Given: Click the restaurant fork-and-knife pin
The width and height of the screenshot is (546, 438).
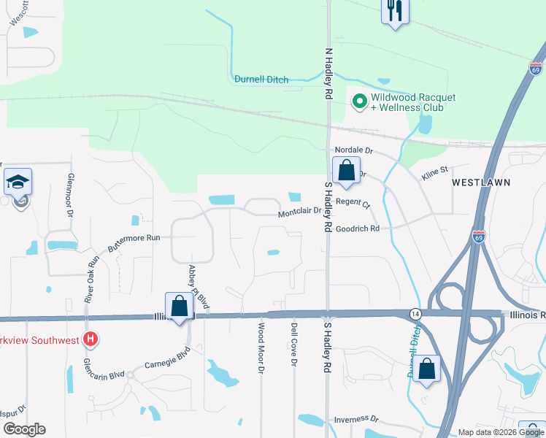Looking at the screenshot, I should [395, 11].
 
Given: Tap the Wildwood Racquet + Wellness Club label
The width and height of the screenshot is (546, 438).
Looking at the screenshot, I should [413, 102].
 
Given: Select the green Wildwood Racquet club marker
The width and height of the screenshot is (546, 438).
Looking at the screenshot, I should [359, 101].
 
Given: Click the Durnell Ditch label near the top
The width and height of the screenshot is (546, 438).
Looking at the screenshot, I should [261, 80].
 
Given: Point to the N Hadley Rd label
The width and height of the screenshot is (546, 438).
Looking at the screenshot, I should [328, 74].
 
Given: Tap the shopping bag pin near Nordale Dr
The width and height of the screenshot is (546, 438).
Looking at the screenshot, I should [347, 172].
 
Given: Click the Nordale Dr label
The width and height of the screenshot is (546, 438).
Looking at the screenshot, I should [354, 150].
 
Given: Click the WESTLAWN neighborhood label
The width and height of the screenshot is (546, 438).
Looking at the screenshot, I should [480, 181].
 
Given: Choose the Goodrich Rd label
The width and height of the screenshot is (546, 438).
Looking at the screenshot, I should [358, 228].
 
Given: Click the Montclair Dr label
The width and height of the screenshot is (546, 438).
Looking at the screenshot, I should [299, 214].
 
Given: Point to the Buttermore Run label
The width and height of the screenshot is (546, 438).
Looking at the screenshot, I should [134, 238].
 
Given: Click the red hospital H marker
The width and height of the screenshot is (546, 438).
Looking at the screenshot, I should [91, 339].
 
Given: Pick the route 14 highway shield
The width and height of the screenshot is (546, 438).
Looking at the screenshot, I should [415, 313].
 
